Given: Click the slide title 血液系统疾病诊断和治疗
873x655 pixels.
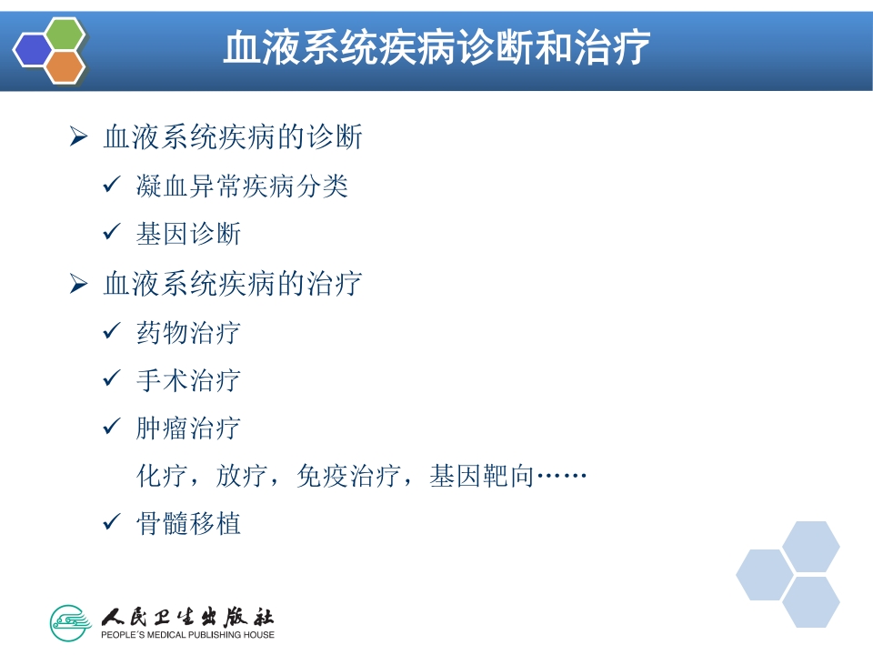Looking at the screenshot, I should point(436,48).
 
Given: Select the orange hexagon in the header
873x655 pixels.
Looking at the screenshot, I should point(65,66).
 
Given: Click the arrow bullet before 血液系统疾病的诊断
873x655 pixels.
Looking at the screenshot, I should point(78,137).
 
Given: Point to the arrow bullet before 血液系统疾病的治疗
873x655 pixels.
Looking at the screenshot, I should point(78,284).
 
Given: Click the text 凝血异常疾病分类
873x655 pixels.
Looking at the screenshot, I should point(242,186).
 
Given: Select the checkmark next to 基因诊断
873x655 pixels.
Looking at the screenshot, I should point(112,234).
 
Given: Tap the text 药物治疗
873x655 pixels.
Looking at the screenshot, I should point(188,332).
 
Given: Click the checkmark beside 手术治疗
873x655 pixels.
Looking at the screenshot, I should point(112,379).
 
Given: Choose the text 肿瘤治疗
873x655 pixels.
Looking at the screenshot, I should point(188,428).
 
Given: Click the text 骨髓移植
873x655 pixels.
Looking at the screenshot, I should point(188,524).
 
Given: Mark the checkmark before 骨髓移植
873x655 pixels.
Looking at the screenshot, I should point(112,523).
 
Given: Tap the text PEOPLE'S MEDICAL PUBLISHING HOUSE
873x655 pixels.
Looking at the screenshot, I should point(187,634).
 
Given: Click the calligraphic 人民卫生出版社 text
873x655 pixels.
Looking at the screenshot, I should point(187,614).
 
